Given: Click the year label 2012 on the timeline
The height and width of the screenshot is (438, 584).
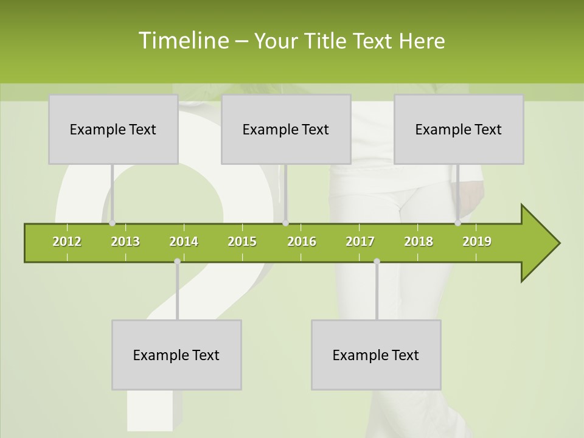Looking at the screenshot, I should click(67, 242).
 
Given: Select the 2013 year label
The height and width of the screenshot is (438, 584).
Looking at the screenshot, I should click(125, 242).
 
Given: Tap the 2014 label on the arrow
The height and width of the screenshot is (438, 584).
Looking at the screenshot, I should click(184, 242).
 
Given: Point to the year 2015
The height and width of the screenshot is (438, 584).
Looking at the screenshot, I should click(242, 242).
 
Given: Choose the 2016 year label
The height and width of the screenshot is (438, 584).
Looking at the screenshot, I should click(302, 242).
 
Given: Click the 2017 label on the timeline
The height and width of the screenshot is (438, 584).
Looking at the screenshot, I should click(360, 242).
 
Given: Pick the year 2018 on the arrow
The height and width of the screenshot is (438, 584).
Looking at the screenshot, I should click(419, 242).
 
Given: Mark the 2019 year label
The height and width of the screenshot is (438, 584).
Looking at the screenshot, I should click(477, 242).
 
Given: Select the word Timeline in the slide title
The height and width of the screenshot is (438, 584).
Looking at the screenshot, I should click(182, 41).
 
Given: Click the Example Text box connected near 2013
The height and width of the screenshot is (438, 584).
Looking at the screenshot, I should click(113, 129).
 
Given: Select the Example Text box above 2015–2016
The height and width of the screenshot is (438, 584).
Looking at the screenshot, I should click(286, 129).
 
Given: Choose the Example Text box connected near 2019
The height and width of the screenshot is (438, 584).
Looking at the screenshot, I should click(459, 129).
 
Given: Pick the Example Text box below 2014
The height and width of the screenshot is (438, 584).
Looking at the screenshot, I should click(176, 355).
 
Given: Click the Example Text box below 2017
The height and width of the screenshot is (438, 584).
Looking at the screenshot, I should click(376, 355).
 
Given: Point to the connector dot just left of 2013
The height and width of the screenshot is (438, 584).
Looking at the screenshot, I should click(113, 223).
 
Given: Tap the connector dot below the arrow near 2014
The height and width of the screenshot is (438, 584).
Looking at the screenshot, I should click(177, 262).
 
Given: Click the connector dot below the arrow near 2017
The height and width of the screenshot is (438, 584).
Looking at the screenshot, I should click(377, 262).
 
